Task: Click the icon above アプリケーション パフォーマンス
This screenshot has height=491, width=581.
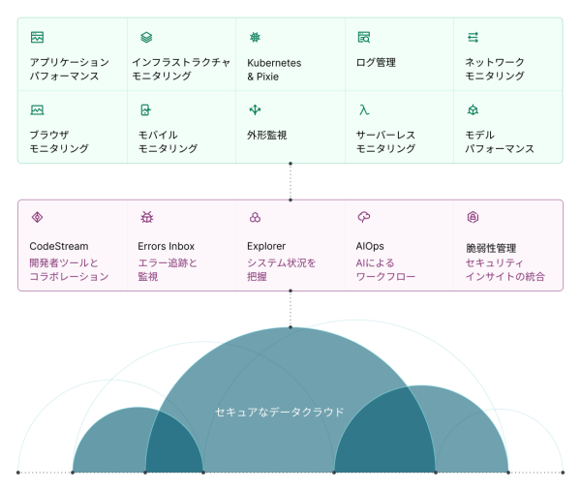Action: (37, 38)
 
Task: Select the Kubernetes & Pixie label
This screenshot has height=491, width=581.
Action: (274, 69)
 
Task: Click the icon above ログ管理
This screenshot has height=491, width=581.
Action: (364, 38)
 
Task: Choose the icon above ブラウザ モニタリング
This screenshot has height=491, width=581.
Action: (37, 110)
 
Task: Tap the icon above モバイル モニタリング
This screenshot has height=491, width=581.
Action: (145, 110)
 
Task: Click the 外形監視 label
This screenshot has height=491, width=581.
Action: (267, 135)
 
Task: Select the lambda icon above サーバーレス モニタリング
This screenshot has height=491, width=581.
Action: (363, 110)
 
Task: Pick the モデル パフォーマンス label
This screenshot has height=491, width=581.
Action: (500, 141)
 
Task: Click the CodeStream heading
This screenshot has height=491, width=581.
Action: (58, 246)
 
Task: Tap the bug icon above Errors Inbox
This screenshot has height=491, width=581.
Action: (146, 218)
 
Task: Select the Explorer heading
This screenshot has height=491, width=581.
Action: (266, 246)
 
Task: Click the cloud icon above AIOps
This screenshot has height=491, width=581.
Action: (364, 218)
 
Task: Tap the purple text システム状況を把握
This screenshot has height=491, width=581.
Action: (282, 269)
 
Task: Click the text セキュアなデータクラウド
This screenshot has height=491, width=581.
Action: (279, 412)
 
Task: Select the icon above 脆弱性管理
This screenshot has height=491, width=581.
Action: (474, 218)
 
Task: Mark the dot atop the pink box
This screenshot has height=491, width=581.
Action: (290, 199)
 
